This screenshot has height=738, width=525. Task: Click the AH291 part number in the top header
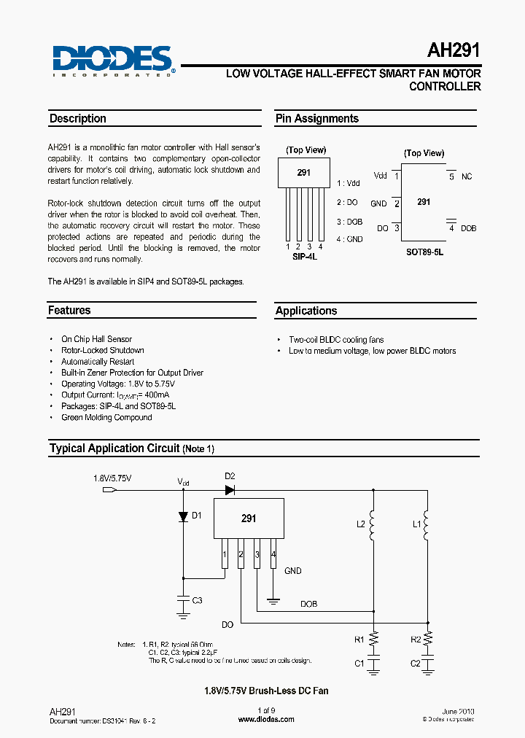[454, 52]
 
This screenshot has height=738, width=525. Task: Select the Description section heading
[78, 119]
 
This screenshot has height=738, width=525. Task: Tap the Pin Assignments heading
[317, 119]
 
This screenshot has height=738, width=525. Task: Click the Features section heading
[70, 311]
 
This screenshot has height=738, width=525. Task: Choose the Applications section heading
[306, 311]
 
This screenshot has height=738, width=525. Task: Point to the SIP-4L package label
[304, 257]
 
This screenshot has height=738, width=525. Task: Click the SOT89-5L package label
[424, 252]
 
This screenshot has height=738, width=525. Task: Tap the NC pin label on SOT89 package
[467, 176]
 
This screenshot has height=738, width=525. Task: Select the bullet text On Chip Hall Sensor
[96, 339]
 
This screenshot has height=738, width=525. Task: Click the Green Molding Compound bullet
[106, 417]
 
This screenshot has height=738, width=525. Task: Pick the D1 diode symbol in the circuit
[183, 516]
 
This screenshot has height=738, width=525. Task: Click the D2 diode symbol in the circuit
[230, 490]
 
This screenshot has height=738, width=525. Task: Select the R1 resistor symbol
[373, 639]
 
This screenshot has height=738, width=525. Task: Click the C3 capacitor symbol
[183, 600]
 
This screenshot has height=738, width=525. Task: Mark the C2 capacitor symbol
[428, 663]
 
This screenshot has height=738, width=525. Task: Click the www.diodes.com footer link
[267, 719]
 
